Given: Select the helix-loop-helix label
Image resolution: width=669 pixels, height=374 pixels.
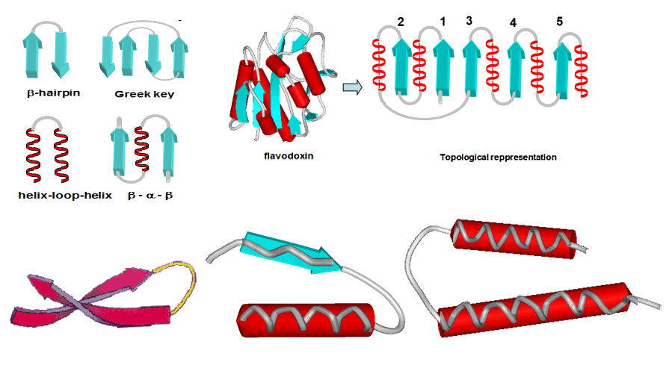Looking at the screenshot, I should click(x=55, y=196).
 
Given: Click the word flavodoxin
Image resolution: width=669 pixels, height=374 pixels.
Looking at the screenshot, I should click(x=279, y=157).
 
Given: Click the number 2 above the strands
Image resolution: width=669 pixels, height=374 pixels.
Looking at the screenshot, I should click(x=401, y=23).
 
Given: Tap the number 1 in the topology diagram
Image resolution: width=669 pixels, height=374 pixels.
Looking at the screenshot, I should click(x=443, y=23).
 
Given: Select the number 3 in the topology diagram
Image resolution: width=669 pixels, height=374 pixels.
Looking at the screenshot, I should click(x=469, y=20).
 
